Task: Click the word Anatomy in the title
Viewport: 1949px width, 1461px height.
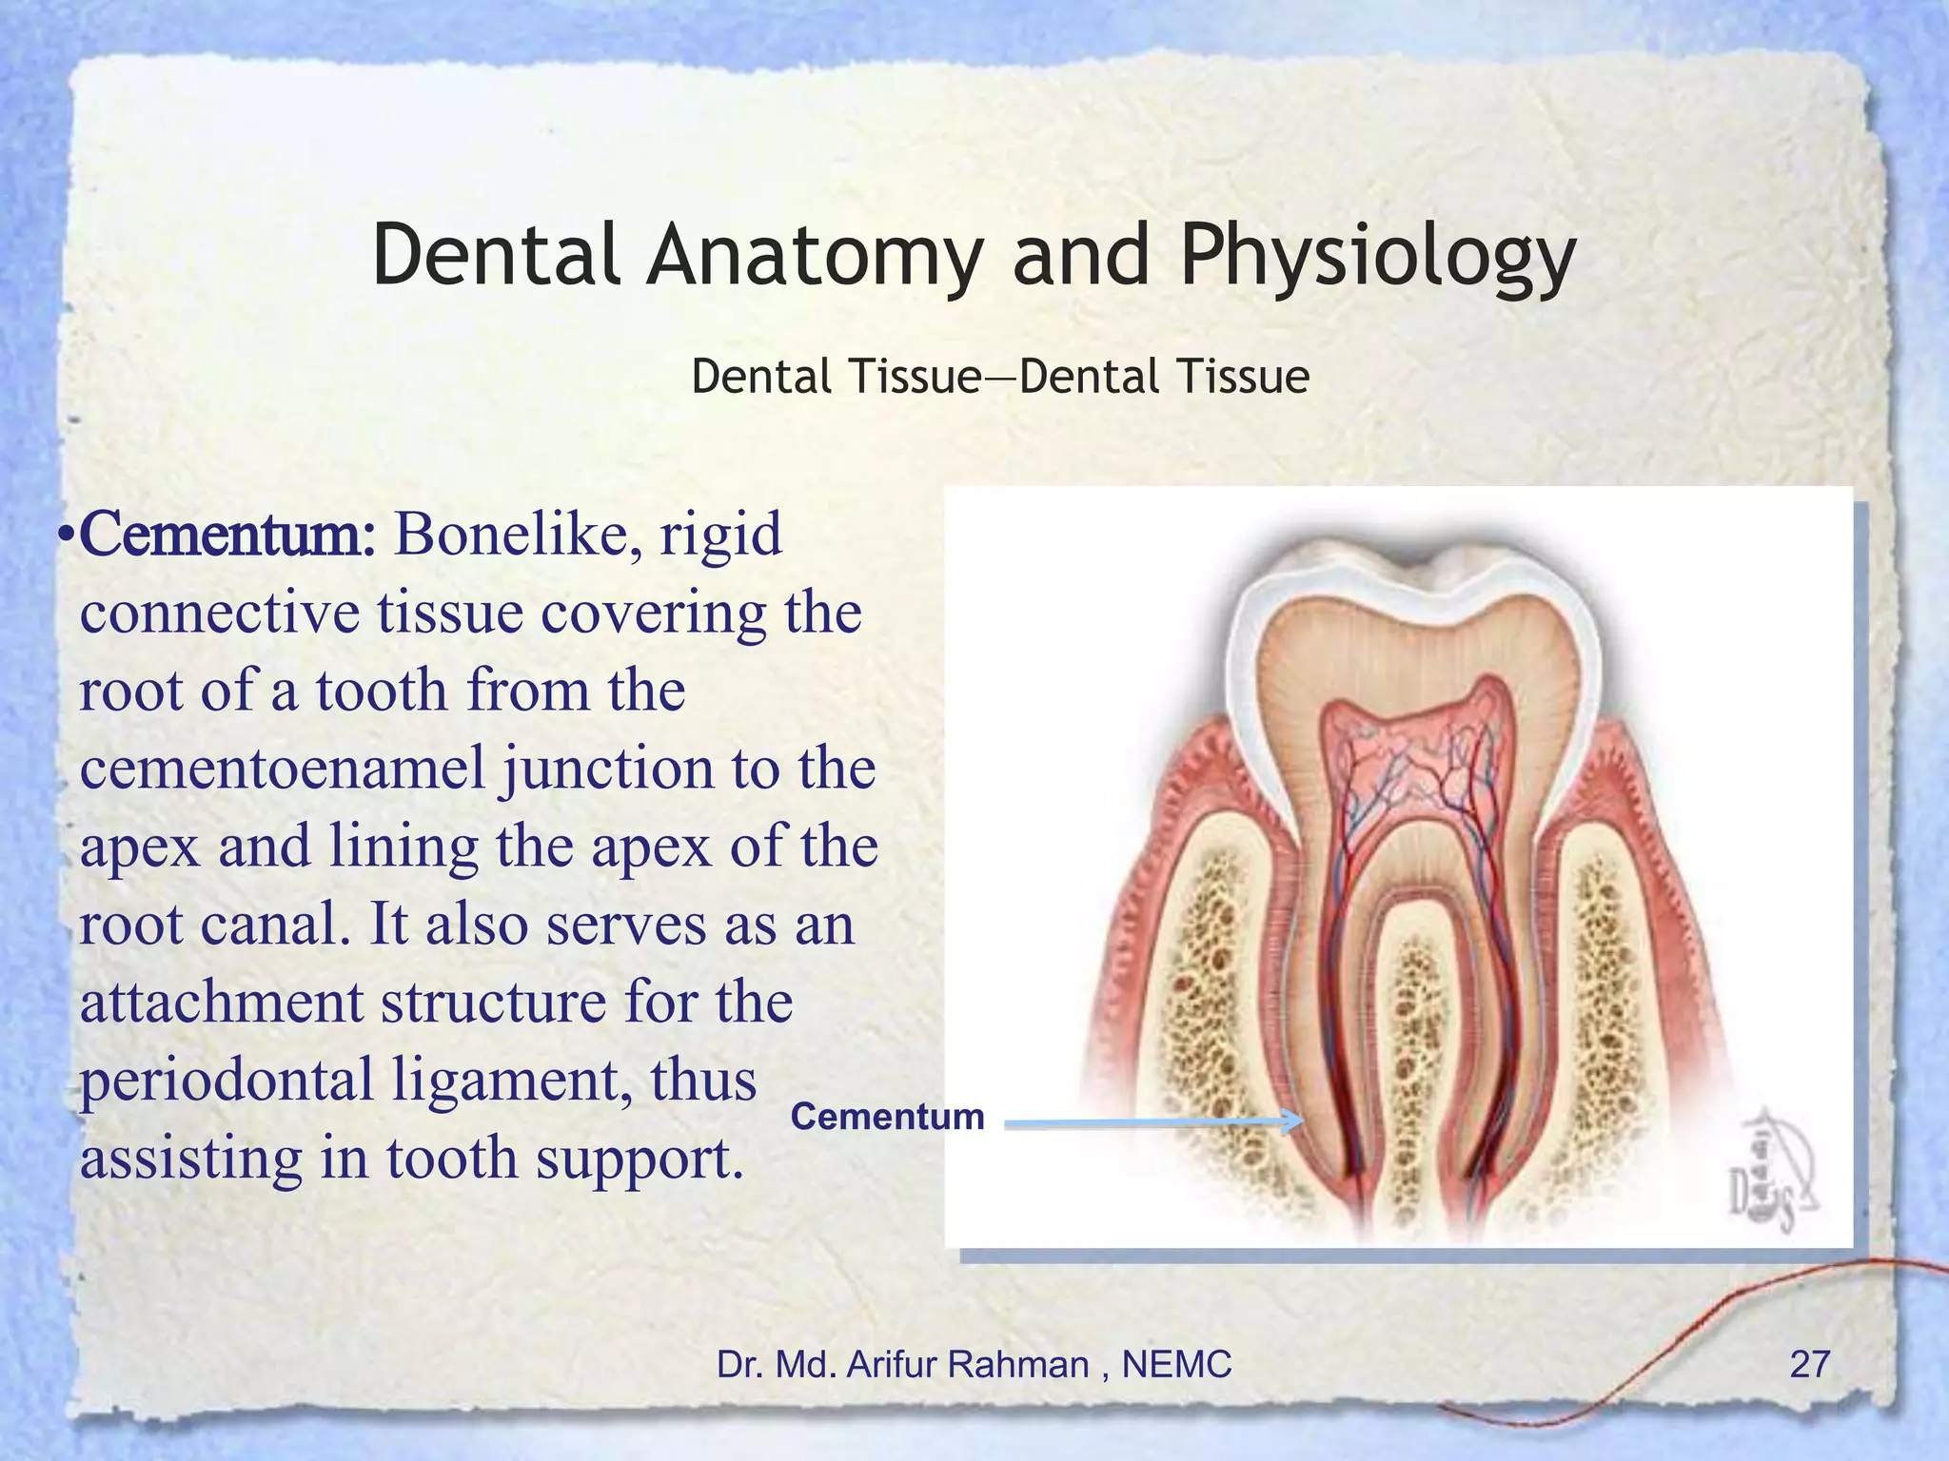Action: click(x=815, y=255)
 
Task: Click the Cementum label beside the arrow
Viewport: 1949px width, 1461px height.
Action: click(x=887, y=1117)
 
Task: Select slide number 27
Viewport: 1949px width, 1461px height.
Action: click(x=1809, y=1364)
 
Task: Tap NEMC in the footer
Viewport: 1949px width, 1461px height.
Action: click(x=1176, y=1364)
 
